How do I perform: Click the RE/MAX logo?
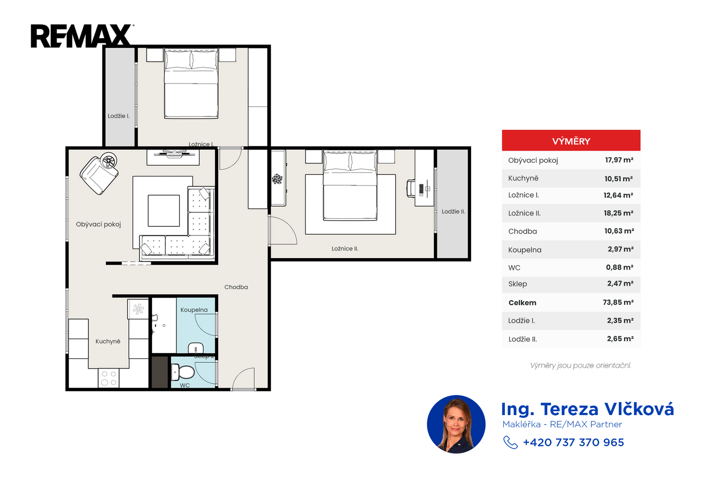tap(82, 36)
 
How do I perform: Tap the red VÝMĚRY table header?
tap(571, 140)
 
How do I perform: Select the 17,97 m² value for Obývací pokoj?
tap(619, 160)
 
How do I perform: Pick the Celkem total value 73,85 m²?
tap(618, 302)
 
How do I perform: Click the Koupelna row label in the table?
tap(525, 250)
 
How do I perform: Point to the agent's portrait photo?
tap(456, 424)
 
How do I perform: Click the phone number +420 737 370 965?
tap(574, 442)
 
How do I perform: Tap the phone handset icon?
tap(510, 442)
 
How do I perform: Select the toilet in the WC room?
tap(183, 372)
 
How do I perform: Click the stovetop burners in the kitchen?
tap(109, 378)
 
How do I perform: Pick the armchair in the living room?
tap(99, 175)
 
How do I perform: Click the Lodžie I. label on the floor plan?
tap(118, 116)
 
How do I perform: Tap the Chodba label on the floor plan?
tap(236, 287)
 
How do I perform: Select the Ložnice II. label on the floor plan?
tap(345, 248)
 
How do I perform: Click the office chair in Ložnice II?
tap(411, 189)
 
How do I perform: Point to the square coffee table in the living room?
tap(164, 211)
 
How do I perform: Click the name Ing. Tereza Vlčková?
tap(587, 409)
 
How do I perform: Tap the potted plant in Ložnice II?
tap(277, 178)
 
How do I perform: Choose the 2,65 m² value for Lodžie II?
tap(620, 339)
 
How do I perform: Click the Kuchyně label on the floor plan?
tap(108, 341)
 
